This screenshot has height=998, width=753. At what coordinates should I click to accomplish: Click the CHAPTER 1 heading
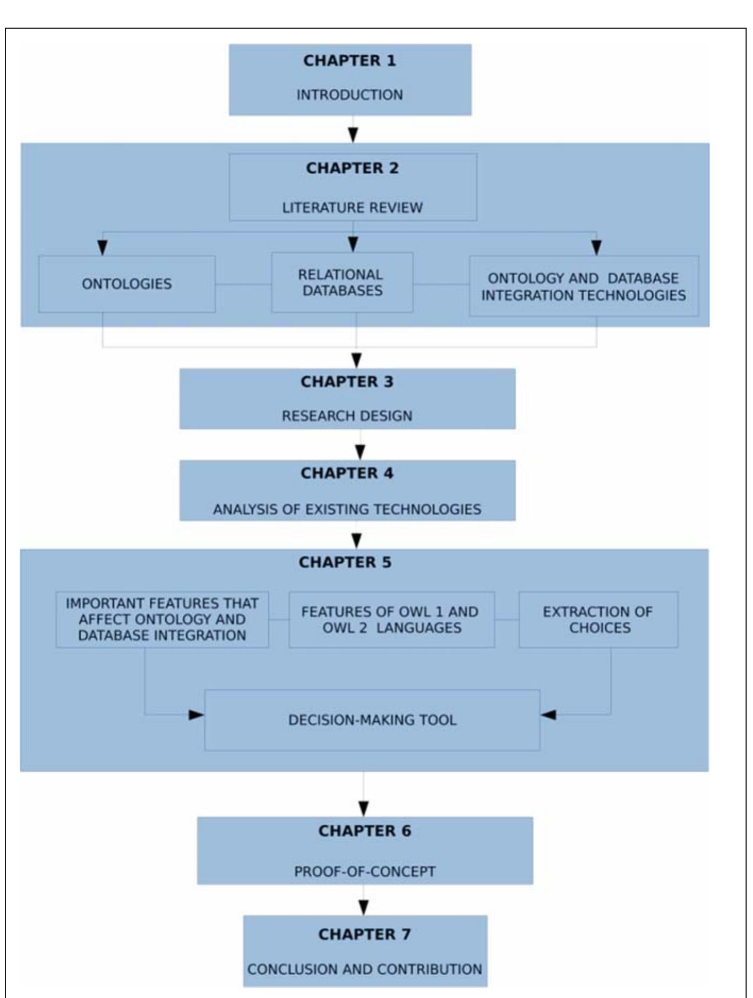(x=349, y=61)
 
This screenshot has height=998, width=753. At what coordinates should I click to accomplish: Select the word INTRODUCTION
(x=349, y=95)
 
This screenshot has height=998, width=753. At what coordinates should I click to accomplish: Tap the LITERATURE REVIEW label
(x=352, y=207)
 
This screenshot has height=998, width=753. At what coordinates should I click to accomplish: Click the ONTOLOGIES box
(x=127, y=284)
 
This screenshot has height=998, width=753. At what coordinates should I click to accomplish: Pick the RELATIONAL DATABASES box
(x=342, y=283)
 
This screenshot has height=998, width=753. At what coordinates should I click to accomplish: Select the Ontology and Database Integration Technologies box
(x=584, y=286)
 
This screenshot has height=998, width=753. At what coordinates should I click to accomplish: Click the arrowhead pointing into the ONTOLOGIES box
(x=102, y=247)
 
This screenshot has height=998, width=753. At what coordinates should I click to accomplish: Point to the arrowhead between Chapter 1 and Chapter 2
(x=353, y=134)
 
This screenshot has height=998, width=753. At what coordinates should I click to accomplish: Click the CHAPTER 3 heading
(x=347, y=382)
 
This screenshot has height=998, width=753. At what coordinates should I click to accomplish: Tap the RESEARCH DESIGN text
(x=347, y=416)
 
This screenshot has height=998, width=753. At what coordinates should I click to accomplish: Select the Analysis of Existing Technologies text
(x=347, y=509)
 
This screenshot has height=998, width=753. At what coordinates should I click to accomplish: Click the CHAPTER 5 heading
(x=345, y=562)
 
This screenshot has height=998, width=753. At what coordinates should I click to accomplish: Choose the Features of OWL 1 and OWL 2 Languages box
(x=391, y=620)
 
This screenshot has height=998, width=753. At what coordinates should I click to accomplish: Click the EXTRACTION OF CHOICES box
(x=598, y=620)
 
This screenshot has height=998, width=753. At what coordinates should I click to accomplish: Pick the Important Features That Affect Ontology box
(x=162, y=620)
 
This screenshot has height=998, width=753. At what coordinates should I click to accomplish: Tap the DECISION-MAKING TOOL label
(x=372, y=720)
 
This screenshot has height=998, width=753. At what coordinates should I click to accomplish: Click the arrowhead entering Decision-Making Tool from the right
(x=548, y=715)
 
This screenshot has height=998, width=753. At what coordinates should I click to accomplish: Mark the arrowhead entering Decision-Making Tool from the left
(x=196, y=715)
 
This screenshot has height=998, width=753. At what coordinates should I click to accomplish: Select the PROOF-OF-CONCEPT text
(x=364, y=872)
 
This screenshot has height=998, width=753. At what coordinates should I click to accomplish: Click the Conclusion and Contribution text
(x=364, y=969)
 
